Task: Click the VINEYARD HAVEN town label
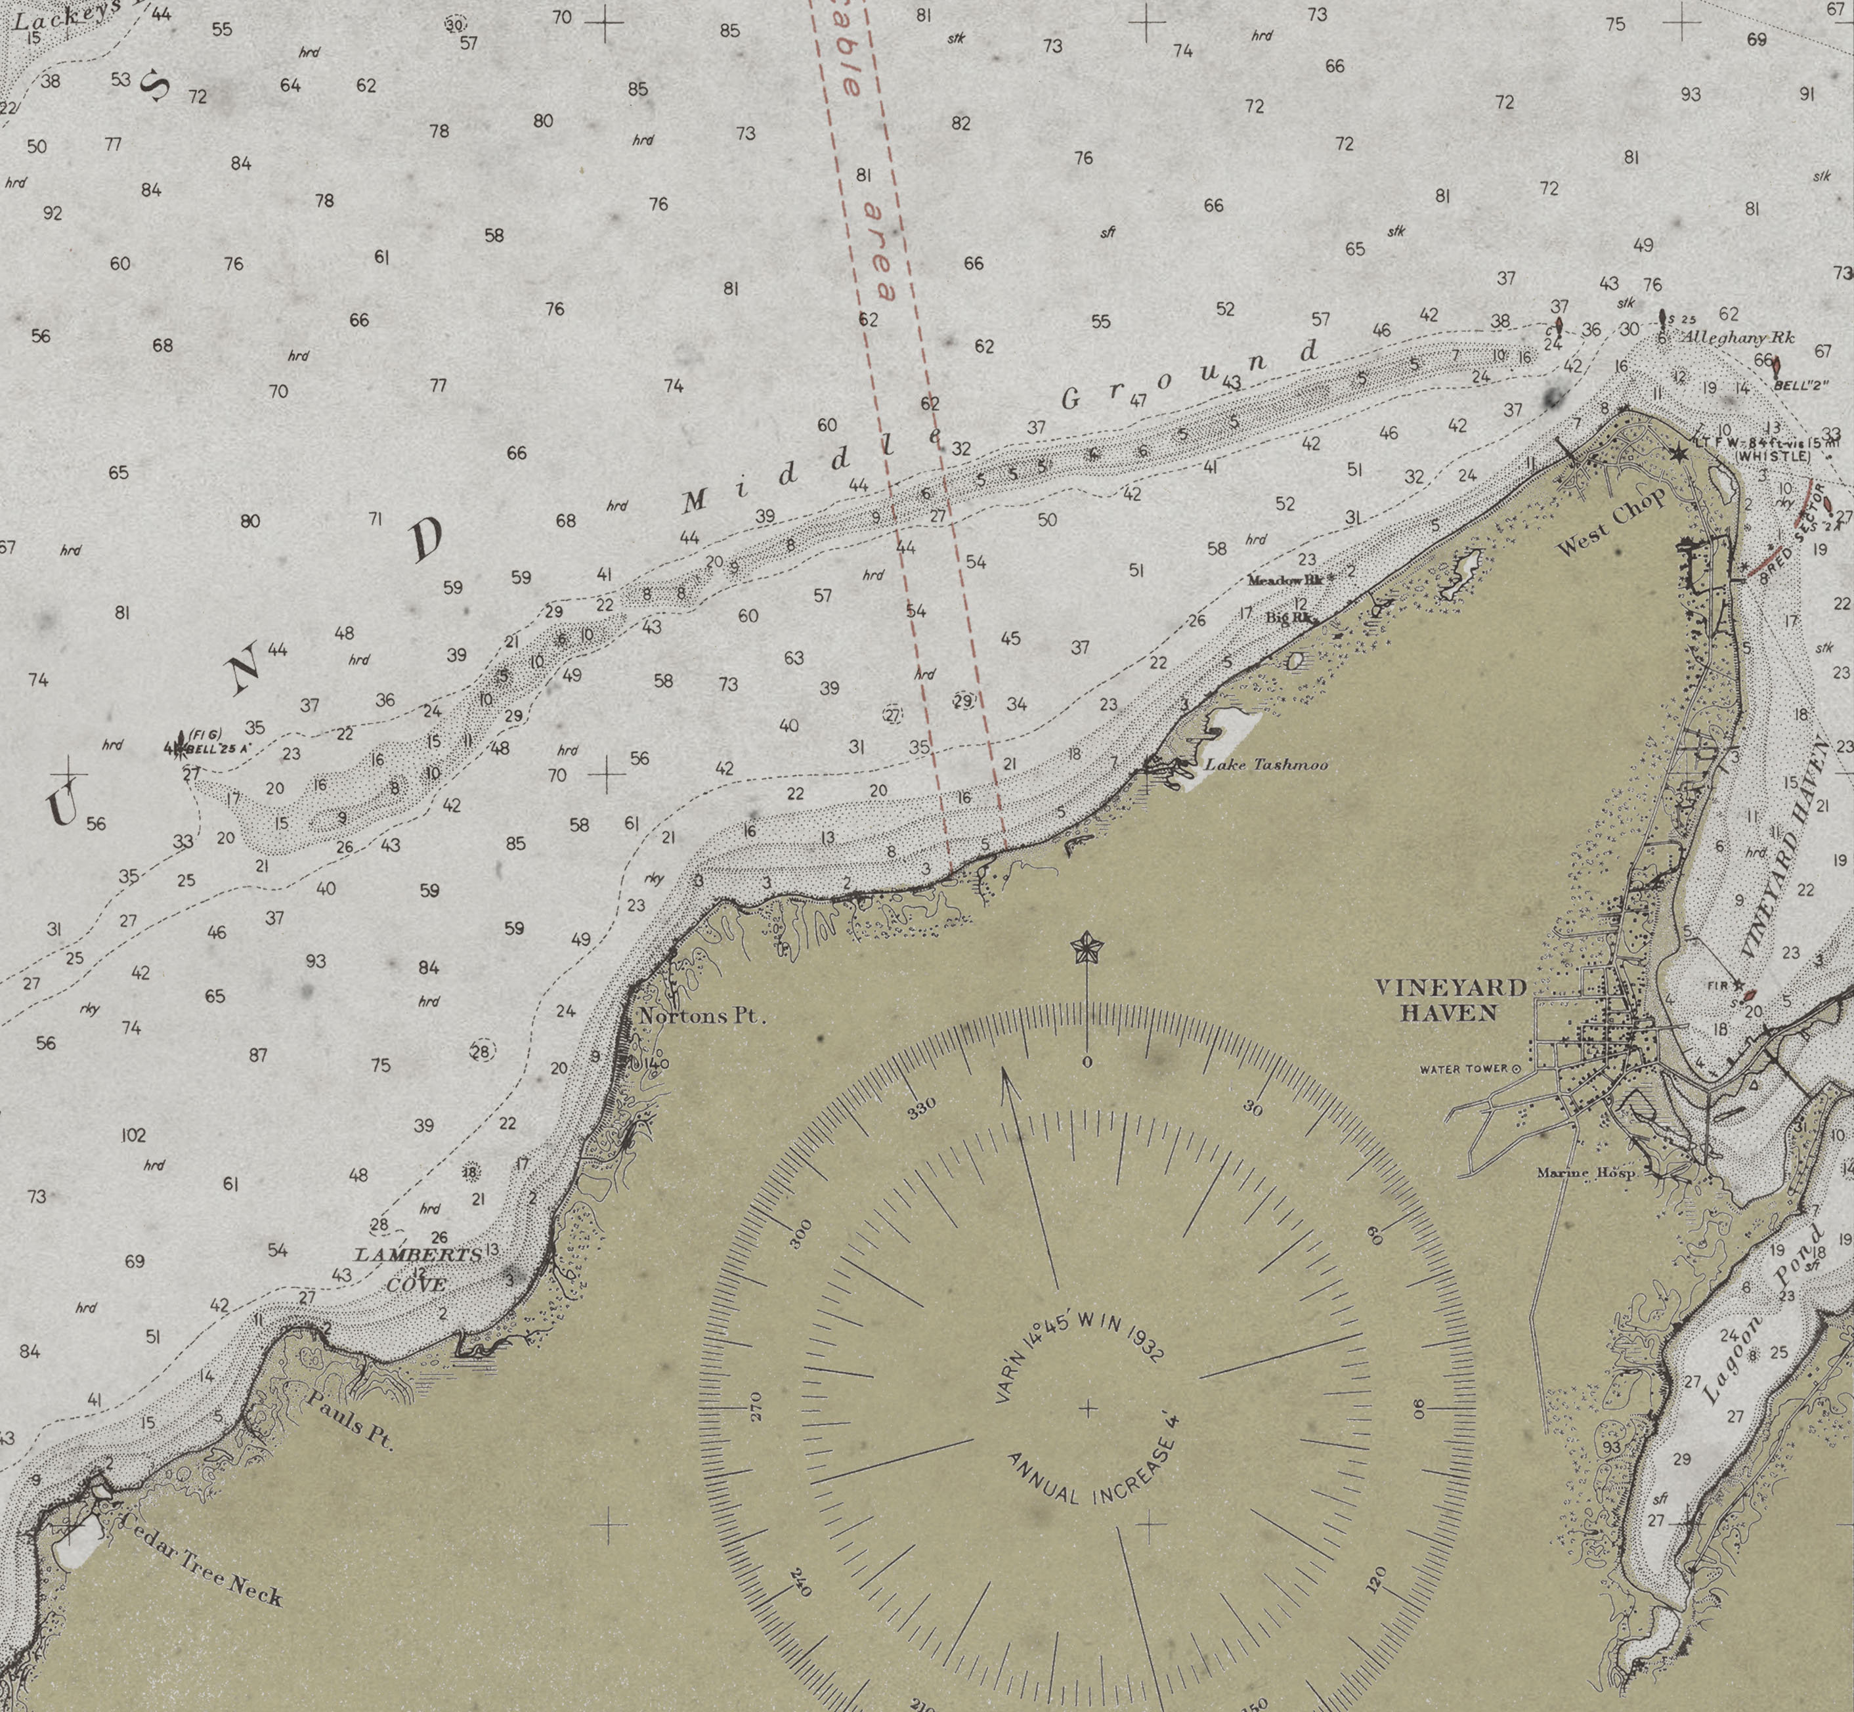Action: coord(1450,1000)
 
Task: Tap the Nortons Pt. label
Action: coord(703,1016)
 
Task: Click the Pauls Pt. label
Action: coord(350,1419)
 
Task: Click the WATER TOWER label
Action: coord(1464,1069)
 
